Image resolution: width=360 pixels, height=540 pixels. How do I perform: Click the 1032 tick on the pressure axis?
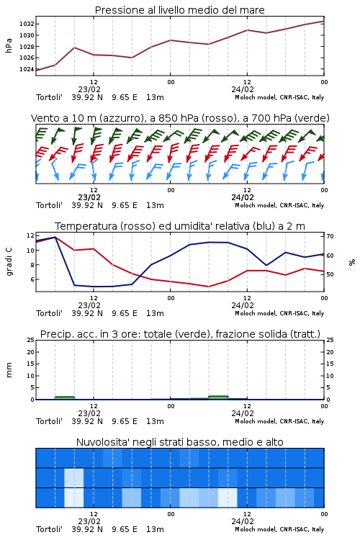pyautogui.click(x=27, y=24)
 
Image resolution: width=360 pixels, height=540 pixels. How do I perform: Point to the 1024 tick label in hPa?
pyautogui.click(x=27, y=69)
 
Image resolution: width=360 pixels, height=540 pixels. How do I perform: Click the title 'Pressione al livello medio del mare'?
pyautogui.click(x=180, y=10)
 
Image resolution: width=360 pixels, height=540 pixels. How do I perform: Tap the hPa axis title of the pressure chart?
pyautogui.click(x=9, y=45)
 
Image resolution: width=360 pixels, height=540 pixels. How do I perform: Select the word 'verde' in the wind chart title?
pyautogui.click(x=311, y=118)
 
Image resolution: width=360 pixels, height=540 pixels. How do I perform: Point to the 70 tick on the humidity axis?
pyautogui.click(x=330, y=236)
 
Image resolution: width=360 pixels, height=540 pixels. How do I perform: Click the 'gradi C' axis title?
pyautogui.click(x=9, y=261)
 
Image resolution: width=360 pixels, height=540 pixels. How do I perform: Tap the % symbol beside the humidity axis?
pyautogui.click(x=352, y=262)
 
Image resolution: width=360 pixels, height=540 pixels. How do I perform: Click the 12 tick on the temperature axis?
pyautogui.click(x=30, y=235)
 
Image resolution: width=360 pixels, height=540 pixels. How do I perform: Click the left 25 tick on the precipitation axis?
pyautogui.click(x=31, y=340)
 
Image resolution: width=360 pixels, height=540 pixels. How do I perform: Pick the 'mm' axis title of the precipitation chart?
pyautogui.click(x=9, y=370)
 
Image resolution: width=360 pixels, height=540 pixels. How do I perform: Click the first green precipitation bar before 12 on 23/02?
pyautogui.click(x=65, y=397)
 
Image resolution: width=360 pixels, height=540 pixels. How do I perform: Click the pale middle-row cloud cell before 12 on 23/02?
pyautogui.click(x=73, y=477)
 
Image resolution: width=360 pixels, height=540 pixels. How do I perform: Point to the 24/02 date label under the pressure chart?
pyautogui.click(x=243, y=89)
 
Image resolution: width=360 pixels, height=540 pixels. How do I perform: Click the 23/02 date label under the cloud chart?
pyautogui.click(x=89, y=521)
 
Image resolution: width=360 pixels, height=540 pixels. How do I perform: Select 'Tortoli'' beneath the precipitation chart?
pyautogui.click(x=49, y=421)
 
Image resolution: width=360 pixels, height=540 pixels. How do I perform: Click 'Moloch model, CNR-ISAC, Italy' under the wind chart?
pyautogui.click(x=279, y=205)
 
